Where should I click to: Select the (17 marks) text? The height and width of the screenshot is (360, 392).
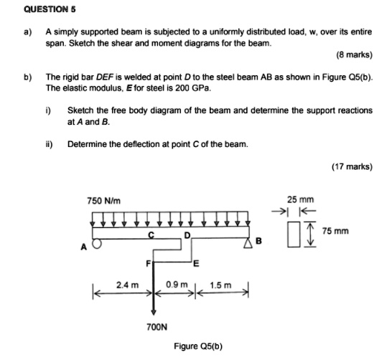click(x=352, y=166)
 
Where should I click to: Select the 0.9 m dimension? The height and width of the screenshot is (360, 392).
click(x=175, y=285)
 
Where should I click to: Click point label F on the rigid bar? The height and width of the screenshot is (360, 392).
click(x=149, y=262)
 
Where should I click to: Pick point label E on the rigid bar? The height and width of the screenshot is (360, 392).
click(x=196, y=263)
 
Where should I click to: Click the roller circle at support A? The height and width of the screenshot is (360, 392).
click(x=95, y=242)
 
